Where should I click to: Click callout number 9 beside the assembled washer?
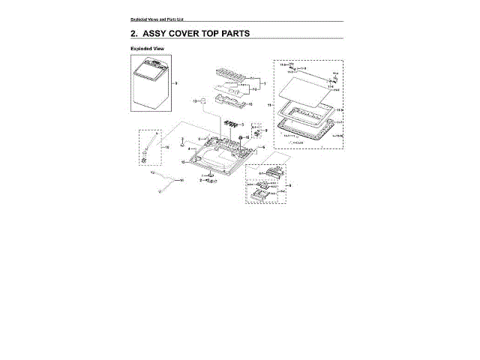(x=175, y=82)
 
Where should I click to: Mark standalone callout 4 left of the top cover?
(x=188, y=150)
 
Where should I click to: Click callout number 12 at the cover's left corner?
(x=183, y=162)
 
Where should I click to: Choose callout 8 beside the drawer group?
(x=290, y=184)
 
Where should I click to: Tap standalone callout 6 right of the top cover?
(x=263, y=147)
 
